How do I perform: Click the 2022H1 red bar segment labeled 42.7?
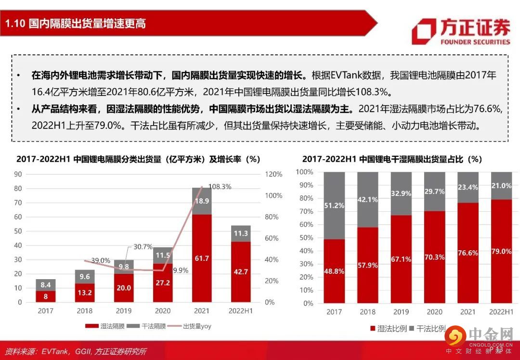click(241, 271)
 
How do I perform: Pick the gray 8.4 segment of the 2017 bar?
click(46, 285)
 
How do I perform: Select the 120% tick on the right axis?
click(273, 174)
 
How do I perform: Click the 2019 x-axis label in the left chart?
click(124, 311)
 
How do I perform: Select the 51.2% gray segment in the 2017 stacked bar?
click(334, 206)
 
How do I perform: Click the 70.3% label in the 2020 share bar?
click(434, 257)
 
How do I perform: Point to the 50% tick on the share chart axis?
click(306, 238)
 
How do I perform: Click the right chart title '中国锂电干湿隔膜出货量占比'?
click(392, 159)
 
